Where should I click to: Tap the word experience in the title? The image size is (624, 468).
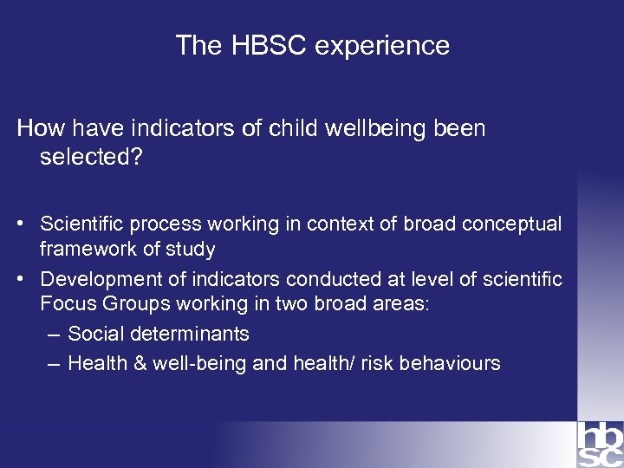(x=382, y=46)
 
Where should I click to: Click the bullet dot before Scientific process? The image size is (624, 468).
(x=20, y=224)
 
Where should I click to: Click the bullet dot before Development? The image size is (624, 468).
(x=20, y=280)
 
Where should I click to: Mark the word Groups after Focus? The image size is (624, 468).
(x=127, y=305)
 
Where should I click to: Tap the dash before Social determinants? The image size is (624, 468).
(x=54, y=335)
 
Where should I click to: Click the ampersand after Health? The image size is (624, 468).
(x=138, y=363)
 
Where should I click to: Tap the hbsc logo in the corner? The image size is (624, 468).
(x=600, y=444)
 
